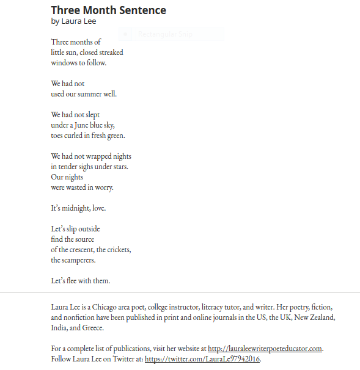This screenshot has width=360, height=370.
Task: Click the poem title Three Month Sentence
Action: coord(108,10)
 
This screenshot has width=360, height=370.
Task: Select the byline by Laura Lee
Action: coord(73,21)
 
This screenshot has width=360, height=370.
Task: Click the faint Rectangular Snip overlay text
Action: coord(165,34)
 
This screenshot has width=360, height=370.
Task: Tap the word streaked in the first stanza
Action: coord(111,53)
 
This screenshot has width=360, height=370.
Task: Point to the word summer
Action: coord(89,94)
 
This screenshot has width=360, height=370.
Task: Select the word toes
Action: coord(57,136)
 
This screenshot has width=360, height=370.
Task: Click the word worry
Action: coord(104,187)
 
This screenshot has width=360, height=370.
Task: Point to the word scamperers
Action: coord(79,260)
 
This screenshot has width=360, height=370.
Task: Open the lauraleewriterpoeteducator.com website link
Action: coord(265,349)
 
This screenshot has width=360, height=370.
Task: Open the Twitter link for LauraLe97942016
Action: coord(202,359)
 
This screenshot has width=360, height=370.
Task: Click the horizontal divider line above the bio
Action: coord(180,292)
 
